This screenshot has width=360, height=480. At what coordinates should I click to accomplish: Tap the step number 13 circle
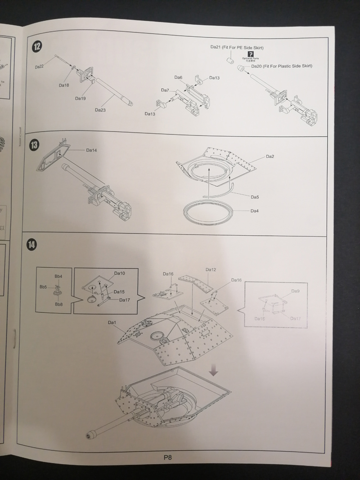pos(34,145)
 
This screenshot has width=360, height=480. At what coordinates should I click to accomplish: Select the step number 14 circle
pos(31,244)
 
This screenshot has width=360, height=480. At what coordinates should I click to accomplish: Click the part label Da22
pos(39,67)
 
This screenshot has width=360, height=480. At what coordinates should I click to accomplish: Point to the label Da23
pos(100,110)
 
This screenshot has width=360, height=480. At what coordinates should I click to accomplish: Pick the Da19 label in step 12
pos(81,98)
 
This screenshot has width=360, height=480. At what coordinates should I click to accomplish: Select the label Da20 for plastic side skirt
pos(257,66)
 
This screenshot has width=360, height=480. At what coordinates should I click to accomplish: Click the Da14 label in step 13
pos(91,150)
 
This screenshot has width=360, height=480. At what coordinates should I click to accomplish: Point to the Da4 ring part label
pos(255,211)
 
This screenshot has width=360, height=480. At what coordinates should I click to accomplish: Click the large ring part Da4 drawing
pos(208,211)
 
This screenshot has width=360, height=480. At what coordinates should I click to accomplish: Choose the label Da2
pos(270,157)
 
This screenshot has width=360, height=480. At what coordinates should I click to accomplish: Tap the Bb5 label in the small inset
pos(43,287)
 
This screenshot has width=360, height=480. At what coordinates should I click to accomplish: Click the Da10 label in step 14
pos(119,273)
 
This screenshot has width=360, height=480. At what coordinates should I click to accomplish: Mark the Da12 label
pos(211,269)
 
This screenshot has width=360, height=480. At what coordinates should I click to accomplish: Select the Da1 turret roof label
pos(112,323)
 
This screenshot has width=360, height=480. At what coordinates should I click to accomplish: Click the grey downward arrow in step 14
pos(214,370)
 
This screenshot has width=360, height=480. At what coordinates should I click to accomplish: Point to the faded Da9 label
pos(295,291)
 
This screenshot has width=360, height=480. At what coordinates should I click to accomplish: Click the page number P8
pos(168,458)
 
